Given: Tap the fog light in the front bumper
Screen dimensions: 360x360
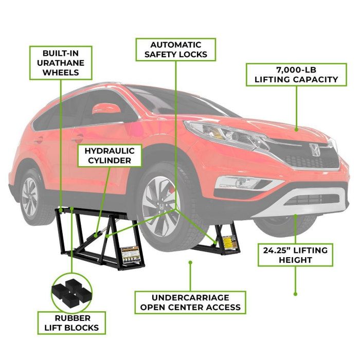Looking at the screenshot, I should tap(239, 182).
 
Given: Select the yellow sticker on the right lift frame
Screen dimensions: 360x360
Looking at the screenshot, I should tap(227, 240).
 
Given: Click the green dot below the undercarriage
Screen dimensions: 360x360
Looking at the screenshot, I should tap(191, 262).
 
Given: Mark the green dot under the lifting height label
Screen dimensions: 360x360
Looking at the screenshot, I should tap(295, 294).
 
